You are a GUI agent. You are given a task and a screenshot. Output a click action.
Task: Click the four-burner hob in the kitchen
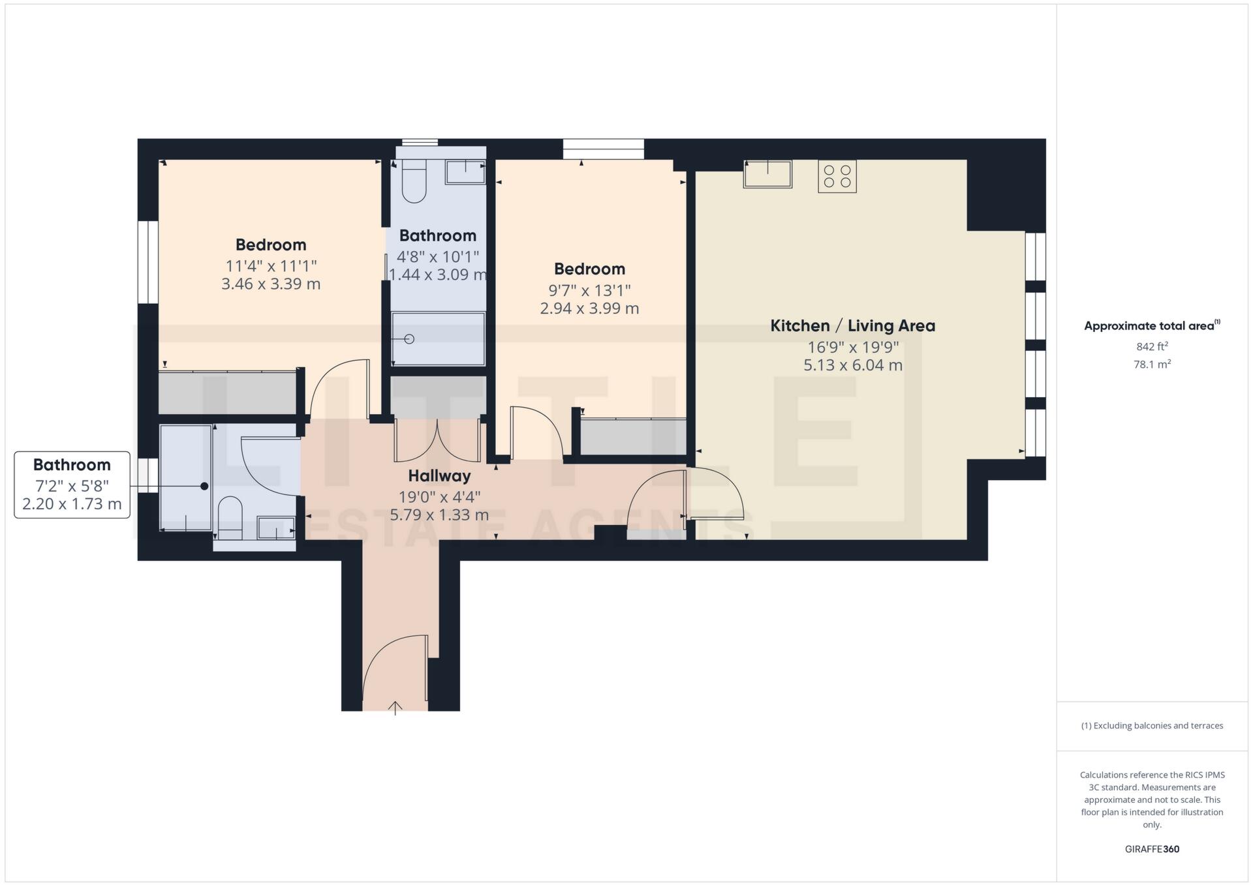pyautogui.click(x=837, y=176)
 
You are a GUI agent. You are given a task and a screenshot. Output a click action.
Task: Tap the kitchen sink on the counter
pyautogui.click(x=767, y=174)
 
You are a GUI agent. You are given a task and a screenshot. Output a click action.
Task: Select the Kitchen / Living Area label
pyautogui.click(x=852, y=325)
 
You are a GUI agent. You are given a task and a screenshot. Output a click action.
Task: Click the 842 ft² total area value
pyautogui.click(x=1152, y=347)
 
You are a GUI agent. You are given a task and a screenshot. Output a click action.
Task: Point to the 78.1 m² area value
pyautogui.click(x=1152, y=365)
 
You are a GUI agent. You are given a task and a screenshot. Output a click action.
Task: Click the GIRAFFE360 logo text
pyautogui.click(x=1152, y=849)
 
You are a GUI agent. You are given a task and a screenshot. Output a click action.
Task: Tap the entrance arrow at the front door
pyautogui.click(x=395, y=708)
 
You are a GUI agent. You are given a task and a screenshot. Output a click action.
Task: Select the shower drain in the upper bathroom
pyautogui.click(x=410, y=339)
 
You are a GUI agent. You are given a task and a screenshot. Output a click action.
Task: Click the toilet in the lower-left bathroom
pyautogui.click(x=230, y=517)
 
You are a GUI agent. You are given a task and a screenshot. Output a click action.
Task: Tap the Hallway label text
pyautogui.click(x=439, y=475)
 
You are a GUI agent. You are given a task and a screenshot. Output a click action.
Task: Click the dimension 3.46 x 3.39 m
pyautogui.click(x=271, y=284)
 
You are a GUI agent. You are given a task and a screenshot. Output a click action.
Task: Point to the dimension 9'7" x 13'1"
pyautogui.click(x=589, y=290)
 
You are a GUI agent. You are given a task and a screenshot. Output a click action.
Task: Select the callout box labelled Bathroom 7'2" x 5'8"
pyautogui.click(x=72, y=485)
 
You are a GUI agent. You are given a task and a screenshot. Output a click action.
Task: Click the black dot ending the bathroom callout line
pyautogui.click(x=204, y=486)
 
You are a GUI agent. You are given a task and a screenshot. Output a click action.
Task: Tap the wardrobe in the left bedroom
pyautogui.click(x=227, y=392)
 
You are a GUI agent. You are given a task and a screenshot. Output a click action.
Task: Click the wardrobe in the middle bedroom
pyautogui.click(x=632, y=436)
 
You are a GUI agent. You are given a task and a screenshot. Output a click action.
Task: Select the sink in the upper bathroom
pyautogui.click(x=465, y=173)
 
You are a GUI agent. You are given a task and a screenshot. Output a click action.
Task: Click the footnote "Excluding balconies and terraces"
pyautogui.click(x=1152, y=726)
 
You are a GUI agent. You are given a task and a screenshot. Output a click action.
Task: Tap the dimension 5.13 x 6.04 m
pyautogui.click(x=852, y=365)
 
